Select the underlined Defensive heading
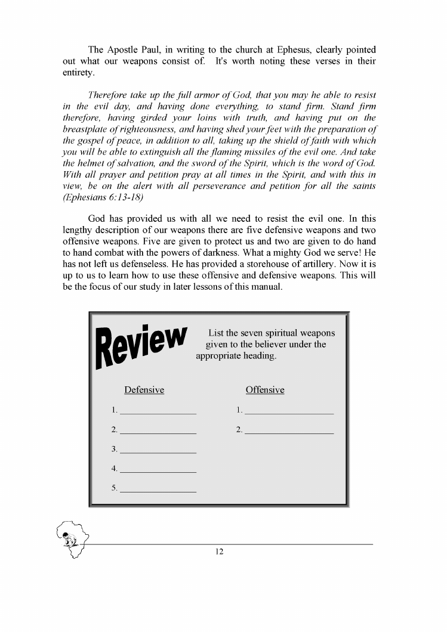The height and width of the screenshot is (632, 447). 144,390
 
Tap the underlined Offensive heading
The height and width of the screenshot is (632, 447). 265,390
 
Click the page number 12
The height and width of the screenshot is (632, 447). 219,552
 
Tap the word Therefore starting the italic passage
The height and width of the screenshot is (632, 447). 109,95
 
